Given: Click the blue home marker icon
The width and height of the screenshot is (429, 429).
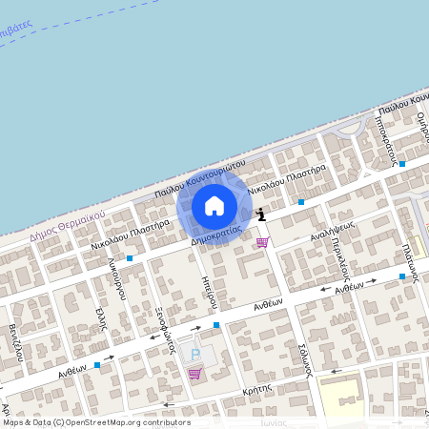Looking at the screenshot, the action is (214, 206).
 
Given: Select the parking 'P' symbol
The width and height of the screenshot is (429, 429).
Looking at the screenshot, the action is (196, 355).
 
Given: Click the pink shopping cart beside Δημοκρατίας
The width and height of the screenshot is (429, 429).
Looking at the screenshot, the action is (262, 242).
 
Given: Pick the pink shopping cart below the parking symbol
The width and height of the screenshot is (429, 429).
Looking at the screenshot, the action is (194, 374).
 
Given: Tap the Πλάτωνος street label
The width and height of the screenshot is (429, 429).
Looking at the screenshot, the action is (412, 257).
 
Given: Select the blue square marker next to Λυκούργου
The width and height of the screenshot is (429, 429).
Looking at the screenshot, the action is (130, 258).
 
